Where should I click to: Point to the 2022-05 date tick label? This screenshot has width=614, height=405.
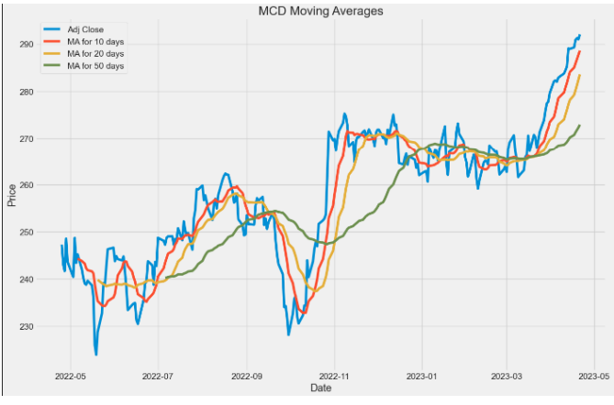coord(70,376)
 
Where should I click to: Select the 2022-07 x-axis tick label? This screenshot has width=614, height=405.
coord(158,376)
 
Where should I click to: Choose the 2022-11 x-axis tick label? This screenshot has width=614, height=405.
coord(334,376)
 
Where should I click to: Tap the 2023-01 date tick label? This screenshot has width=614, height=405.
coord(422,376)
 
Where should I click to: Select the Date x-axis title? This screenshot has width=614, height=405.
coord(320,390)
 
